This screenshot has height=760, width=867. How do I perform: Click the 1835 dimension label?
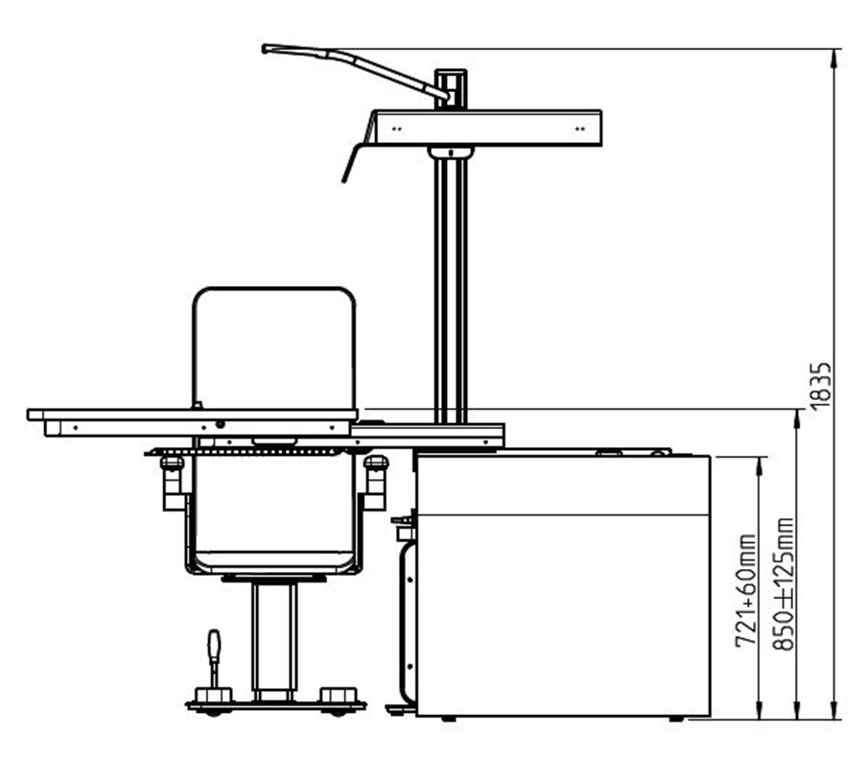[821, 386]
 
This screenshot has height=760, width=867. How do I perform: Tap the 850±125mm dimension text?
[783, 584]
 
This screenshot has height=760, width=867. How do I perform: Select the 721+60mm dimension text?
[745, 590]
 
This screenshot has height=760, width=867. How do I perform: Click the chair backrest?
[274, 348]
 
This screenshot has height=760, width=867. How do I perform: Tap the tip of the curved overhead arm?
[265, 49]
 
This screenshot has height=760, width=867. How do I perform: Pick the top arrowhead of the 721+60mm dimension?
[760, 464]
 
